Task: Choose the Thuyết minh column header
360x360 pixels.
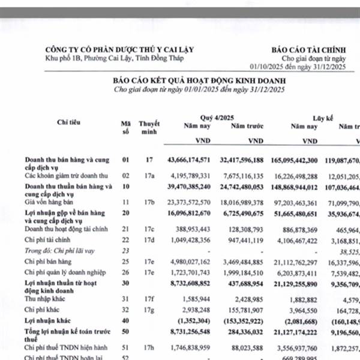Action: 149,127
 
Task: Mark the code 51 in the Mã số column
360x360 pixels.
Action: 125,346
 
